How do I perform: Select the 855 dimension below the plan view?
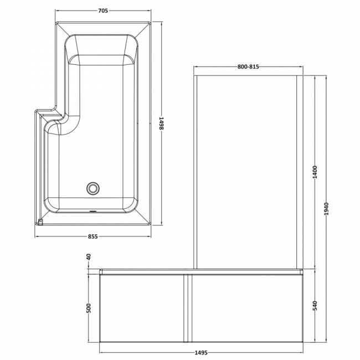pyautogui.click(x=92, y=236)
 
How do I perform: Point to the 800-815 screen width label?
pyautogui.click(x=248, y=67)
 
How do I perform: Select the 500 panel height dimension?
pyautogui.click(x=89, y=308)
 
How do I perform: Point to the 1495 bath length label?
pyautogui.click(x=200, y=351)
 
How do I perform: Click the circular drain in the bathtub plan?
pyautogui.click(x=92, y=189)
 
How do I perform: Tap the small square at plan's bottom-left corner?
pyautogui.click(x=40, y=223)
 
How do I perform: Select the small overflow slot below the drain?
pyautogui.click(x=92, y=211)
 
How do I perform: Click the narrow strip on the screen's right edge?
pyautogui.click(x=299, y=172)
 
